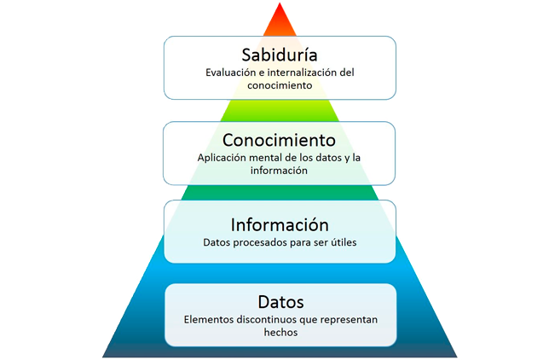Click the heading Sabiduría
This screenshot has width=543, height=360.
[x=280, y=55]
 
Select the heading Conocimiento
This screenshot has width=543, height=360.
[x=279, y=139]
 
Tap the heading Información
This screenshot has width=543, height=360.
[x=280, y=225]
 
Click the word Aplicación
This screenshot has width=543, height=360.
[x=222, y=158]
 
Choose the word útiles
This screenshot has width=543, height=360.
[x=342, y=242]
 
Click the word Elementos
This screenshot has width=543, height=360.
[x=210, y=320]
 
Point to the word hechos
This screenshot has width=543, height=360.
[x=280, y=334]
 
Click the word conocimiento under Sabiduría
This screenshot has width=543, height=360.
[x=280, y=86]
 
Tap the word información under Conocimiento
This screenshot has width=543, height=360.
[x=279, y=171]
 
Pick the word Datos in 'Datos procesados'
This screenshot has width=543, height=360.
[x=218, y=242]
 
